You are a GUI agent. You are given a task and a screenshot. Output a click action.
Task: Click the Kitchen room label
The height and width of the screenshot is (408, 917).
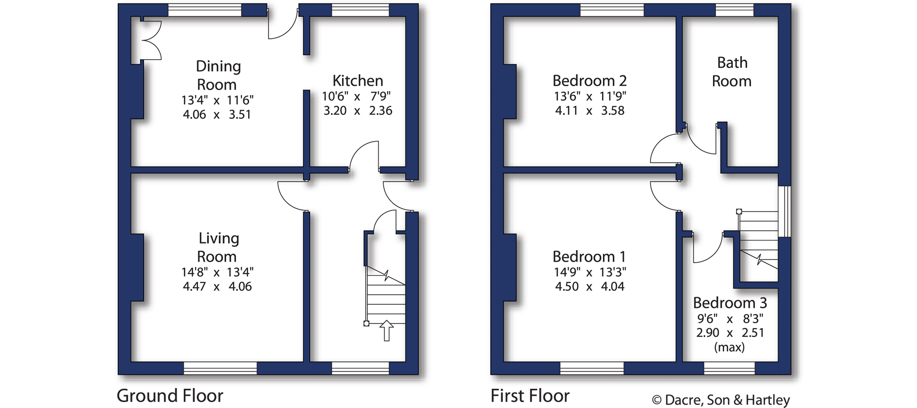point(358,81)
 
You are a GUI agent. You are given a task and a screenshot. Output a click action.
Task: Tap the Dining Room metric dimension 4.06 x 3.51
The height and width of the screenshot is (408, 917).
point(217,114)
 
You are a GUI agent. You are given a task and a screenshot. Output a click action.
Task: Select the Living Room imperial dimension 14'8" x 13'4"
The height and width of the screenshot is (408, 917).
point(217,272)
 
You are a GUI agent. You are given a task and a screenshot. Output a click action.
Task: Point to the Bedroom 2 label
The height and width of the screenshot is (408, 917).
point(589,81)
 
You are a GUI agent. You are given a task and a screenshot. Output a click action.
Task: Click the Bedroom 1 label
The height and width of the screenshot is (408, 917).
point(589,256)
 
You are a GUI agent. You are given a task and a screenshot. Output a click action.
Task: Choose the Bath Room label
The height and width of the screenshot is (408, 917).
point(732,72)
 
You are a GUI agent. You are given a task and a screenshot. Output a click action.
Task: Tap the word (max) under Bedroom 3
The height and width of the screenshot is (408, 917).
point(729,347)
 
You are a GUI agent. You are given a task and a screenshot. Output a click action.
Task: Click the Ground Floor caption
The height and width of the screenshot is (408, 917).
point(170,395)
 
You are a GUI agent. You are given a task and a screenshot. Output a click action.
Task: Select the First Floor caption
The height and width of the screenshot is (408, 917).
point(530,395)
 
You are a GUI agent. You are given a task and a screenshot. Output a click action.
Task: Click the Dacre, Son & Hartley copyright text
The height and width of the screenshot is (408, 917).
point(721,400)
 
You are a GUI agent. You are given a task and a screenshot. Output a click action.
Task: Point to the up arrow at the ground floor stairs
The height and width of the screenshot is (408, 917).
point(386,331)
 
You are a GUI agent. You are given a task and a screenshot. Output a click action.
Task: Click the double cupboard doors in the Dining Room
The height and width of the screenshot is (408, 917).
point(151,41)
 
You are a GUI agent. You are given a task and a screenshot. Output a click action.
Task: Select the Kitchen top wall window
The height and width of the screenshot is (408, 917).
point(360,10)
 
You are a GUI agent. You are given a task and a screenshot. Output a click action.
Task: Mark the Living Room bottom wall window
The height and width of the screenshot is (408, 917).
point(220,368)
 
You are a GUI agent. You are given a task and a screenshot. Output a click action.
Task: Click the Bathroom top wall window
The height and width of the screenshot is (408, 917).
point(735,10)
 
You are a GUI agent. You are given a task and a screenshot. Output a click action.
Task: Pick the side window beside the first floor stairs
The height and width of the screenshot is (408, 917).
point(785,212)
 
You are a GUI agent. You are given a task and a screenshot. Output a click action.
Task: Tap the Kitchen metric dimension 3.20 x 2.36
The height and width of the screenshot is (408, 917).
point(358,111)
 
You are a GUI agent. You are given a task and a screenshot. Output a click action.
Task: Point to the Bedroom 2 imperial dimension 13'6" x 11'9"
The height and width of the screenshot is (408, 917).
point(590,96)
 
